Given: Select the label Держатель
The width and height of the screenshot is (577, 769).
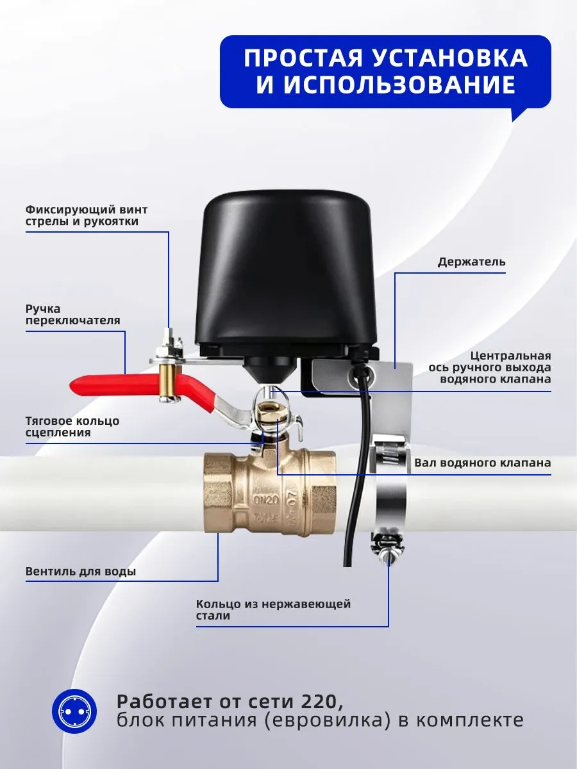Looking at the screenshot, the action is (x=471, y=261).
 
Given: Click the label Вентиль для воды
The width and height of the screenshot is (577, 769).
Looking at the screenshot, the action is (x=81, y=572).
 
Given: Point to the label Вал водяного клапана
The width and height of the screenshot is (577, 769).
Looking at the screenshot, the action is (x=483, y=463).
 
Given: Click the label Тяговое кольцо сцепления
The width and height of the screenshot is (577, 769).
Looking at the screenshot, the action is (x=72, y=426).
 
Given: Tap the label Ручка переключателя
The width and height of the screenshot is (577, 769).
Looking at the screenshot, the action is (x=73, y=315).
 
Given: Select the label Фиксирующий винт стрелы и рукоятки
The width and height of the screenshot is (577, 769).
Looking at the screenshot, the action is (x=87, y=215).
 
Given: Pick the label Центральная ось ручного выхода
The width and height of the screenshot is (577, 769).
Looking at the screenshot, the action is (x=490, y=367).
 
